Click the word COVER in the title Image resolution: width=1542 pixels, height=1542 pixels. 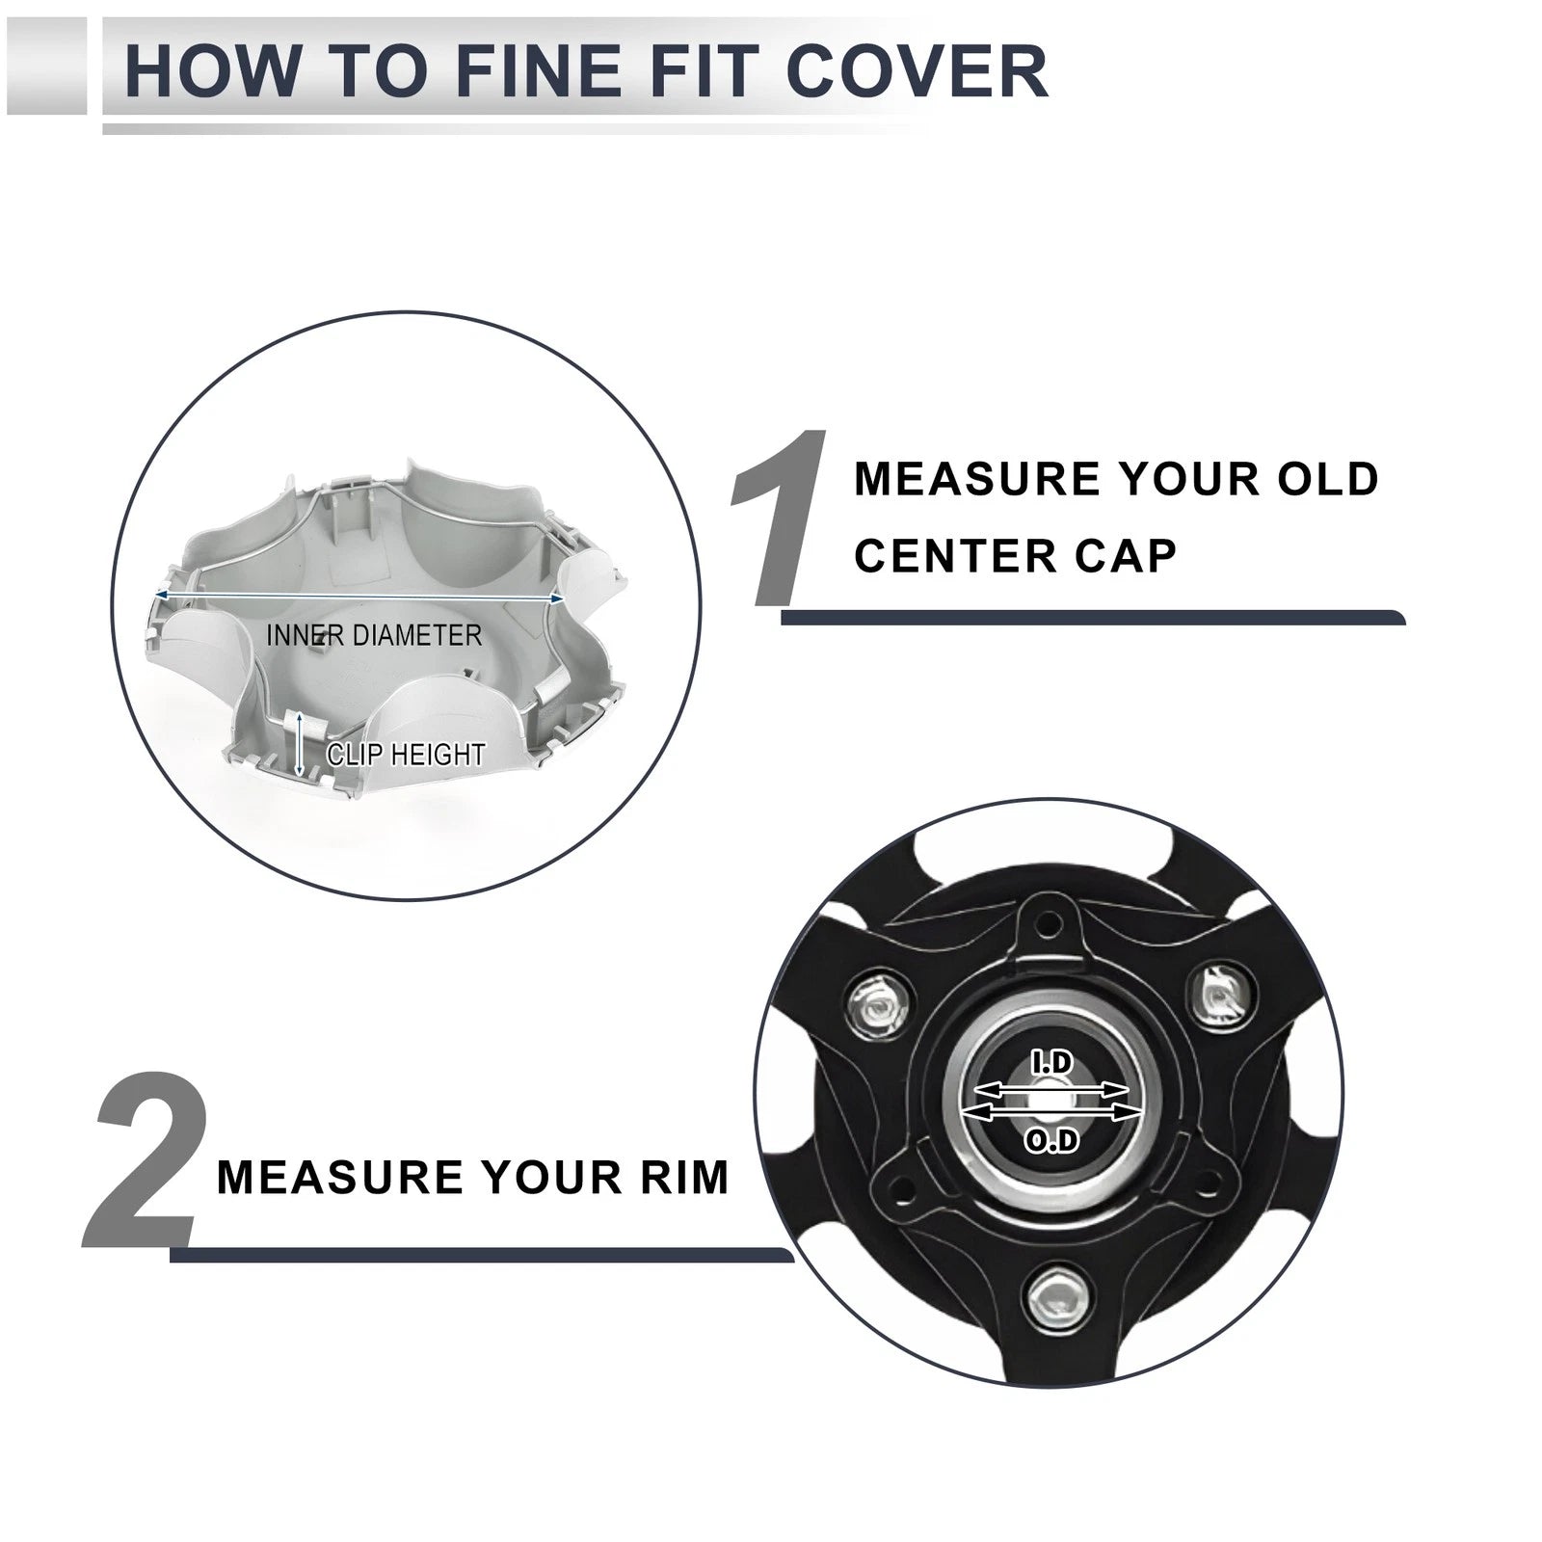pos(917,70)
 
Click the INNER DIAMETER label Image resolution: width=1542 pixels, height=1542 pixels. pos(374,635)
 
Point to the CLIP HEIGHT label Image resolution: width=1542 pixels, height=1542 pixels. pos(406,754)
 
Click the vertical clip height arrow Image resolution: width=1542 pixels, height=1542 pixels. pos(300,744)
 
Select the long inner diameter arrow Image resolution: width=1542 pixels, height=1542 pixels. pos(359,598)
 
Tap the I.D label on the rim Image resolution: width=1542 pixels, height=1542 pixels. pos(1052,1063)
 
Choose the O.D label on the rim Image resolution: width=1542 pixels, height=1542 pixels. pos(1051,1142)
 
